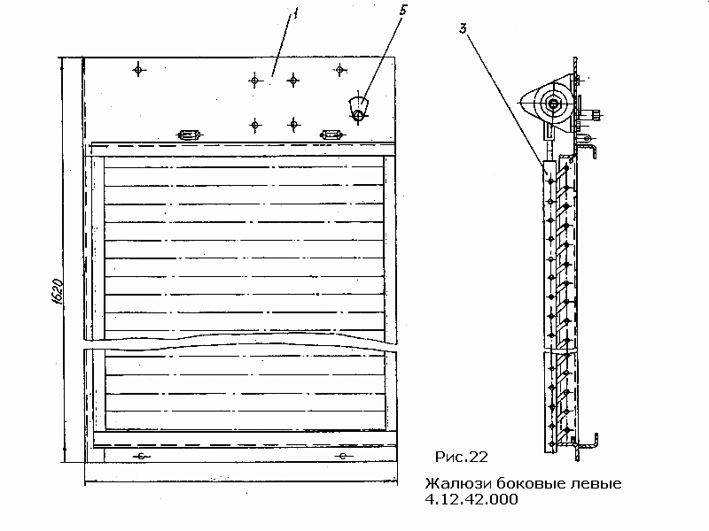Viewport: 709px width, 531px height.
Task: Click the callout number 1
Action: coord(295,15)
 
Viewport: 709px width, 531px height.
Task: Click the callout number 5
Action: coord(403,11)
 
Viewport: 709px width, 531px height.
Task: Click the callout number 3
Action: coord(463,29)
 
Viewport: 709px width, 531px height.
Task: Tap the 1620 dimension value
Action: coord(58,292)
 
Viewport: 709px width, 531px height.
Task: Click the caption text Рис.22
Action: coord(461,457)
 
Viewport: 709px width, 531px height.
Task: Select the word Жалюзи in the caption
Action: coord(458,483)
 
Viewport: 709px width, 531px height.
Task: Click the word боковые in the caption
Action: coord(529,483)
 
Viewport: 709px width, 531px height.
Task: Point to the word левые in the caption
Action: coord(595,484)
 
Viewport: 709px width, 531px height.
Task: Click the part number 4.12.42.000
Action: coord(471,499)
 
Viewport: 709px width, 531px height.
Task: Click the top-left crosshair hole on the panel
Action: coord(139,70)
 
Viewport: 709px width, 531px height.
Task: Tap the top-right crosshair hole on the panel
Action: coord(339,70)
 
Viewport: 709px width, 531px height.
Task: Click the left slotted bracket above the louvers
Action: coord(189,135)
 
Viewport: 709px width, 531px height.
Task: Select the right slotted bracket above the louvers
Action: coord(331,135)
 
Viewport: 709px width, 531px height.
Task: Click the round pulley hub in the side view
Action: coord(552,104)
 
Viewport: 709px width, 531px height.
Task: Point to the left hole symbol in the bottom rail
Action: coord(141,457)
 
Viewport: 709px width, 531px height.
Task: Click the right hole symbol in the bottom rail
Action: coord(343,456)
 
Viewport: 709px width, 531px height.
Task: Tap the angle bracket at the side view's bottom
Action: coord(587,445)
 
